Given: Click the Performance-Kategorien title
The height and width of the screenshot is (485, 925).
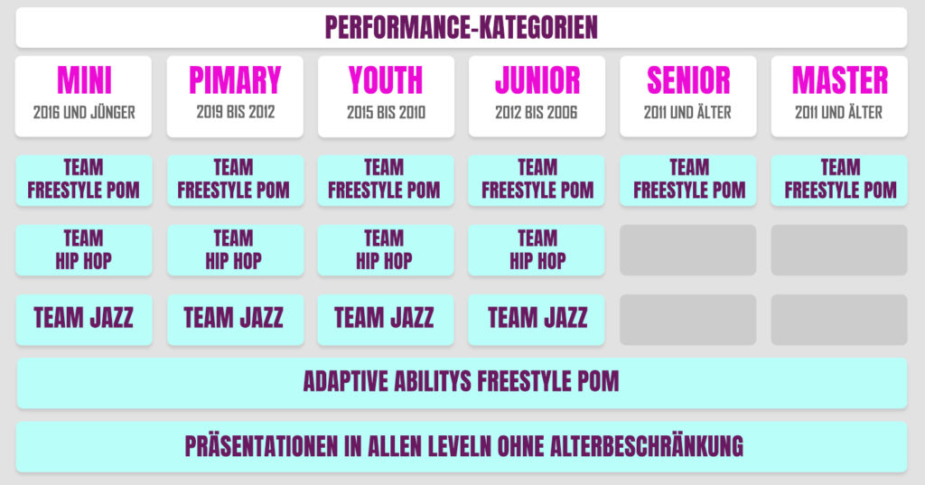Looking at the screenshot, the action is pyautogui.click(x=462, y=27).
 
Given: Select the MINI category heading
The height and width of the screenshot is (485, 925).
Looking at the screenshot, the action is pyautogui.click(x=84, y=80).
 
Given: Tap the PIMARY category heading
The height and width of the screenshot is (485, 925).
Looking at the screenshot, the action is pyautogui.click(x=235, y=80).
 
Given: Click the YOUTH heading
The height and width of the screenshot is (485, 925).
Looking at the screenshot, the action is pyautogui.click(x=386, y=80).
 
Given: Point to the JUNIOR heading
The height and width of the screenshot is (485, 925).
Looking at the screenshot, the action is pyautogui.click(x=537, y=80).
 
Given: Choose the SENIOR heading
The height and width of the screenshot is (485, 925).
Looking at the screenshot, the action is pyautogui.click(x=687, y=80).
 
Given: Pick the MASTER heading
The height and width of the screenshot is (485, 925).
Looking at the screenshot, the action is pyautogui.click(x=839, y=80).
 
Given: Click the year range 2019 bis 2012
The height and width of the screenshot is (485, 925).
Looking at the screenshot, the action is pyautogui.click(x=236, y=111).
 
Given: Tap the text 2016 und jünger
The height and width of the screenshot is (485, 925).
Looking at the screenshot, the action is pyautogui.click(x=84, y=112).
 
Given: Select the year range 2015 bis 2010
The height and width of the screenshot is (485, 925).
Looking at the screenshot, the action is pyautogui.click(x=386, y=112).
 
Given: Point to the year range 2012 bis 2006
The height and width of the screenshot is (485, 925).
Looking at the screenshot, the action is pyautogui.click(x=537, y=112).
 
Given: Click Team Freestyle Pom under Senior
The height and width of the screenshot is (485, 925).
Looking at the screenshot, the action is pyautogui.click(x=688, y=180).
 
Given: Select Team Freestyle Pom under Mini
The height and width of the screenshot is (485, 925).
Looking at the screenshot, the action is pyautogui.click(x=84, y=180).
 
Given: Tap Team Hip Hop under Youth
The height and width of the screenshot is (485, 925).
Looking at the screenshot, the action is pyautogui.click(x=386, y=249).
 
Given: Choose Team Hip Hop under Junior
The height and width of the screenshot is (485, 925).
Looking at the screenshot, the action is pyautogui.click(x=537, y=249).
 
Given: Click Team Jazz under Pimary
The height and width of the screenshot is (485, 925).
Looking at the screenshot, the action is pyautogui.click(x=236, y=319).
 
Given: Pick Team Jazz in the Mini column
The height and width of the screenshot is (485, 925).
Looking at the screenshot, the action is pyautogui.click(x=84, y=319).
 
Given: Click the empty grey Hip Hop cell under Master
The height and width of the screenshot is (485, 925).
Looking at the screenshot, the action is pyautogui.click(x=839, y=249).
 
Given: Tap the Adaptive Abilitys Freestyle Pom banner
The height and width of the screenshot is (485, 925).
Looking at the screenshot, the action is pyautogui.click(x=462, y=382).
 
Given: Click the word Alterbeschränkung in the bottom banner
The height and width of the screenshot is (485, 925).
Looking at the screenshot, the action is pyautogui.click(x=647, y=446).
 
